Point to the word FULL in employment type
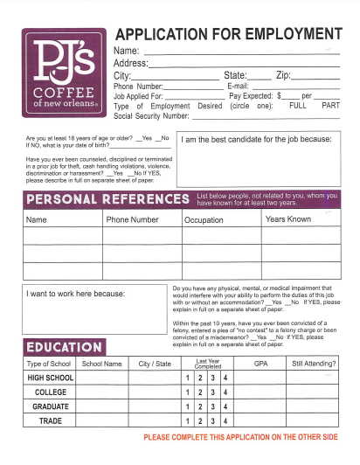[x=297, y=105]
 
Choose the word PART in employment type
[x=330, y=105]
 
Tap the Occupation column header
[x=204, y=220]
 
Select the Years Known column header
[x=287, y=219]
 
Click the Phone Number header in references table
[x=132, y=220]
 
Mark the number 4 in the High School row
[x=225, y=378]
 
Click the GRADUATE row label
[x=51, y=406]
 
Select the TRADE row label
[x=51, y=421]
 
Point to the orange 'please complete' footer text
[x=240, y=436]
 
